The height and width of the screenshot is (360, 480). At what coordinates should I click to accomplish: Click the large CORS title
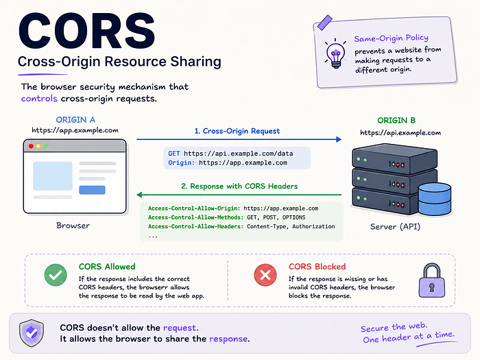[x=87, y=31]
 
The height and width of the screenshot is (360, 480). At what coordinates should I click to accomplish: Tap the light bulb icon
[x=336, y=54]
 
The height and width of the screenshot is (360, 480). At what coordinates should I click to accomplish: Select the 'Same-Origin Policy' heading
[x=392, y=38]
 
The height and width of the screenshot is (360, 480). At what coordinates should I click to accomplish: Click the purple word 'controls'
[x=39, y=99]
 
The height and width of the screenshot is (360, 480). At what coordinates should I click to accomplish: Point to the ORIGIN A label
[x=75, y=120]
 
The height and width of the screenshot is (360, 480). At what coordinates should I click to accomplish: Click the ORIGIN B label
[x=396, y=120]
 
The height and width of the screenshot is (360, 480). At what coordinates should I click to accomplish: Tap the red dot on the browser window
[x=31, y=146]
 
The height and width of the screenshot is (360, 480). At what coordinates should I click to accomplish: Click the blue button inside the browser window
[x=92, y=190]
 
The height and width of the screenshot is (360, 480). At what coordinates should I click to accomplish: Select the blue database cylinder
[x=435, y=199]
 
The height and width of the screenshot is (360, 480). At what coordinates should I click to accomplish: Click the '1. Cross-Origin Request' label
[x=237, y=131]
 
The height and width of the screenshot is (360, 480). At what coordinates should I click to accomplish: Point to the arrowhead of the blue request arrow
[x=339, y=140]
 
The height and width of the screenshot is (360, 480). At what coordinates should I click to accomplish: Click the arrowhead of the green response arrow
[x=140, y=195]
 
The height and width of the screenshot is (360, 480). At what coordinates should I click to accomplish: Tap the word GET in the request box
[x=174, y=154]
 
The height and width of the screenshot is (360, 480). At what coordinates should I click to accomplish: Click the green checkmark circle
[x=56, y=275]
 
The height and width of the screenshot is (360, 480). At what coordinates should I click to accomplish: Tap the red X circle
[x=265, y=275]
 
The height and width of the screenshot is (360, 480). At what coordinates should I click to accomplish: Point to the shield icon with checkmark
[x=32, y=333]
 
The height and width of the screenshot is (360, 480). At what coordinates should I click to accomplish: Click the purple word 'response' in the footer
[x=228, y=339]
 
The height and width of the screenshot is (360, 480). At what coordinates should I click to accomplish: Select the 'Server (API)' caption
[x=395, y=227]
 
